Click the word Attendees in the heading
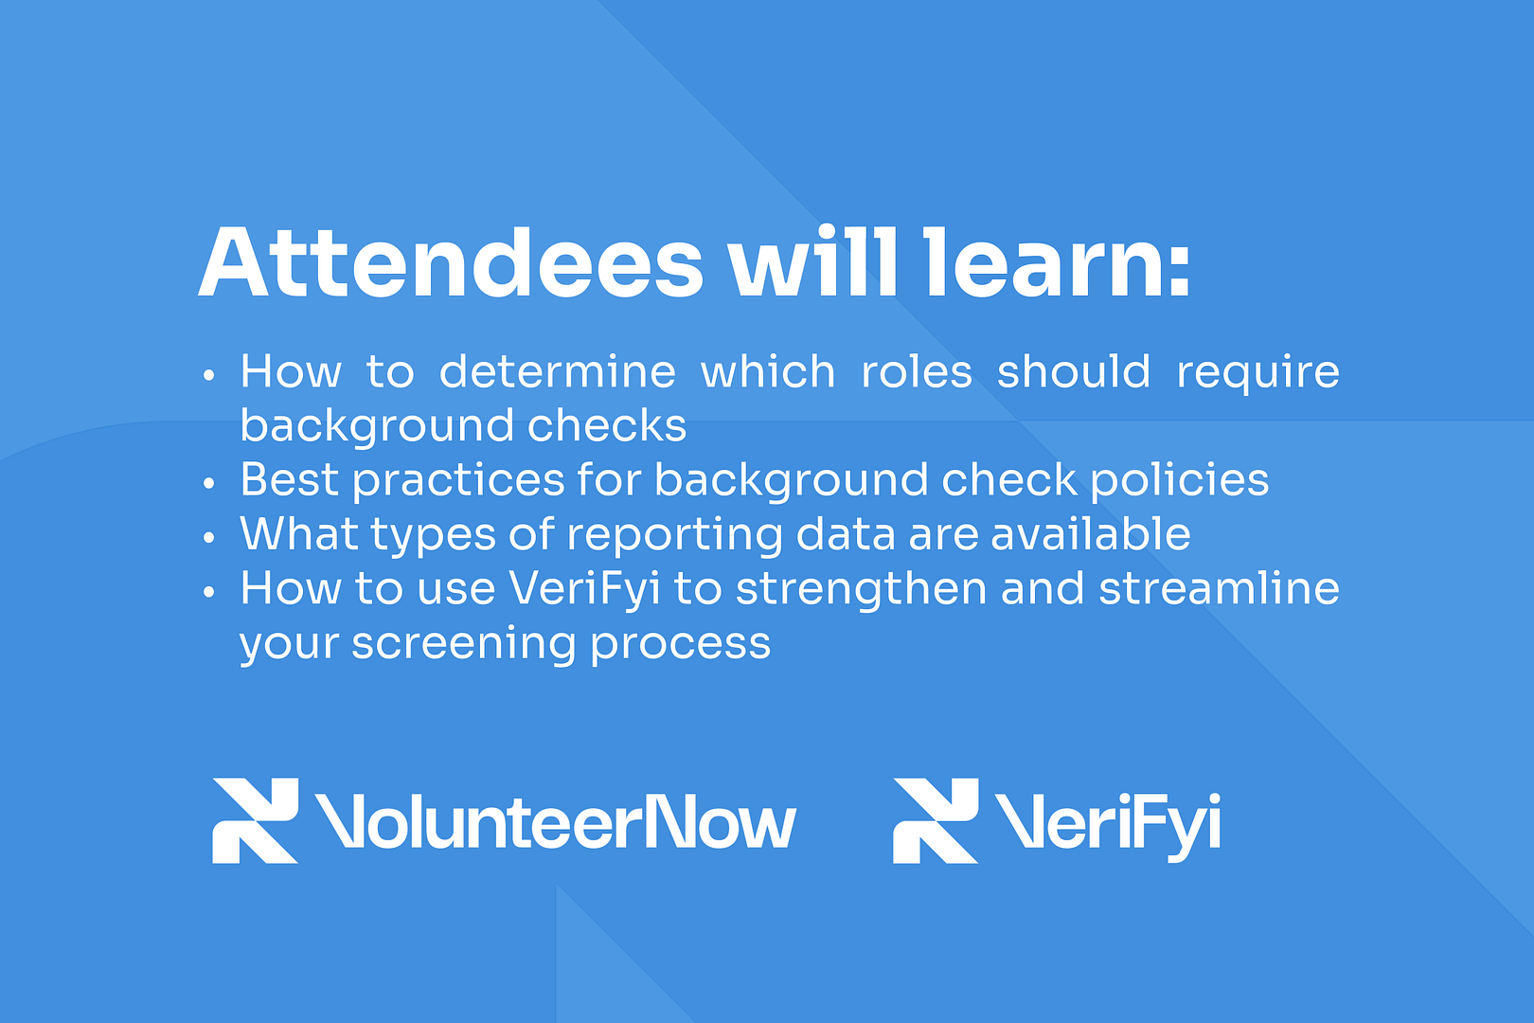tap(451, 262)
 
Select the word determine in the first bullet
tap(558, 370)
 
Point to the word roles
tap(917, 370)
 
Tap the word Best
tap(290, 479)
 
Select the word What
tap(298, 533)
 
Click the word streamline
tap(1220, 587)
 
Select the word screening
tap(464, 646)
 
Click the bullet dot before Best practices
tap(209, 483)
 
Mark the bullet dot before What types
tap(209, 537)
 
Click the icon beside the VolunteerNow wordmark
tap(256, 820)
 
